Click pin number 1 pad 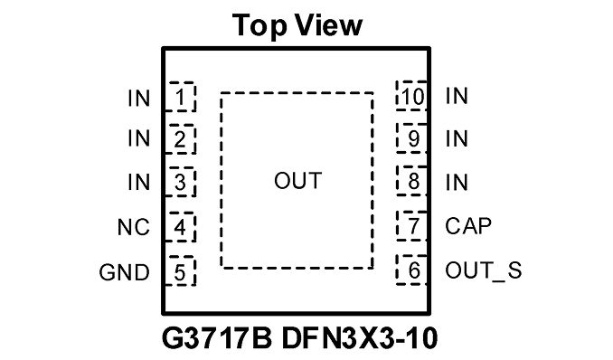coord(180,97)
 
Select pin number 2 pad coord(180,139)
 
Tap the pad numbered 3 coord(180,182)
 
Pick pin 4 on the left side coord(180,227)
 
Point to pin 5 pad coord(180,271)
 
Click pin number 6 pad coord(411,270)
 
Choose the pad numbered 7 coord(411,226)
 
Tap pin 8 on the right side coord(411,181)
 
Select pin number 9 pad coord(411,138)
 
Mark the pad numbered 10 coord(411,96)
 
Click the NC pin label coord(134,227)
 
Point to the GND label coord(125,272)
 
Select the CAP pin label coord(468,226)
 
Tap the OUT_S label coord(483,270)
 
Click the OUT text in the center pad coord(297,181)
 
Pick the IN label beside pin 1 coord(139,99)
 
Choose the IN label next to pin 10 coord(457,96)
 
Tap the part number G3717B coord(217,338)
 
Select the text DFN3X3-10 coord(360,338)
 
